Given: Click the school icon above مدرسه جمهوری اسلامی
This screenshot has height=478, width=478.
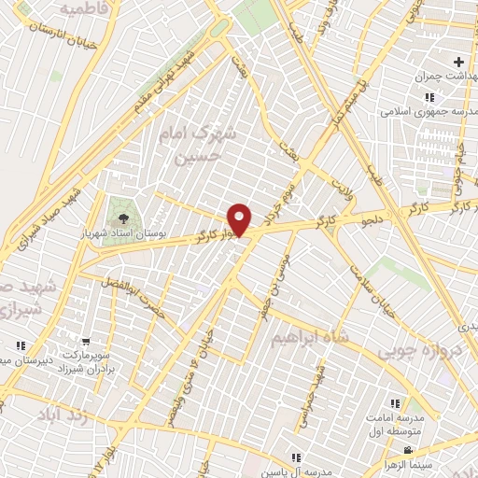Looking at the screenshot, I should pos(429,96).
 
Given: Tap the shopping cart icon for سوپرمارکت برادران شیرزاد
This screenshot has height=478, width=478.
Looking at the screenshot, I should pos(86,343).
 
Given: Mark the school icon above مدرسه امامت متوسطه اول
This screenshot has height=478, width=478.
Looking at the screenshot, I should pos(395,404).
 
